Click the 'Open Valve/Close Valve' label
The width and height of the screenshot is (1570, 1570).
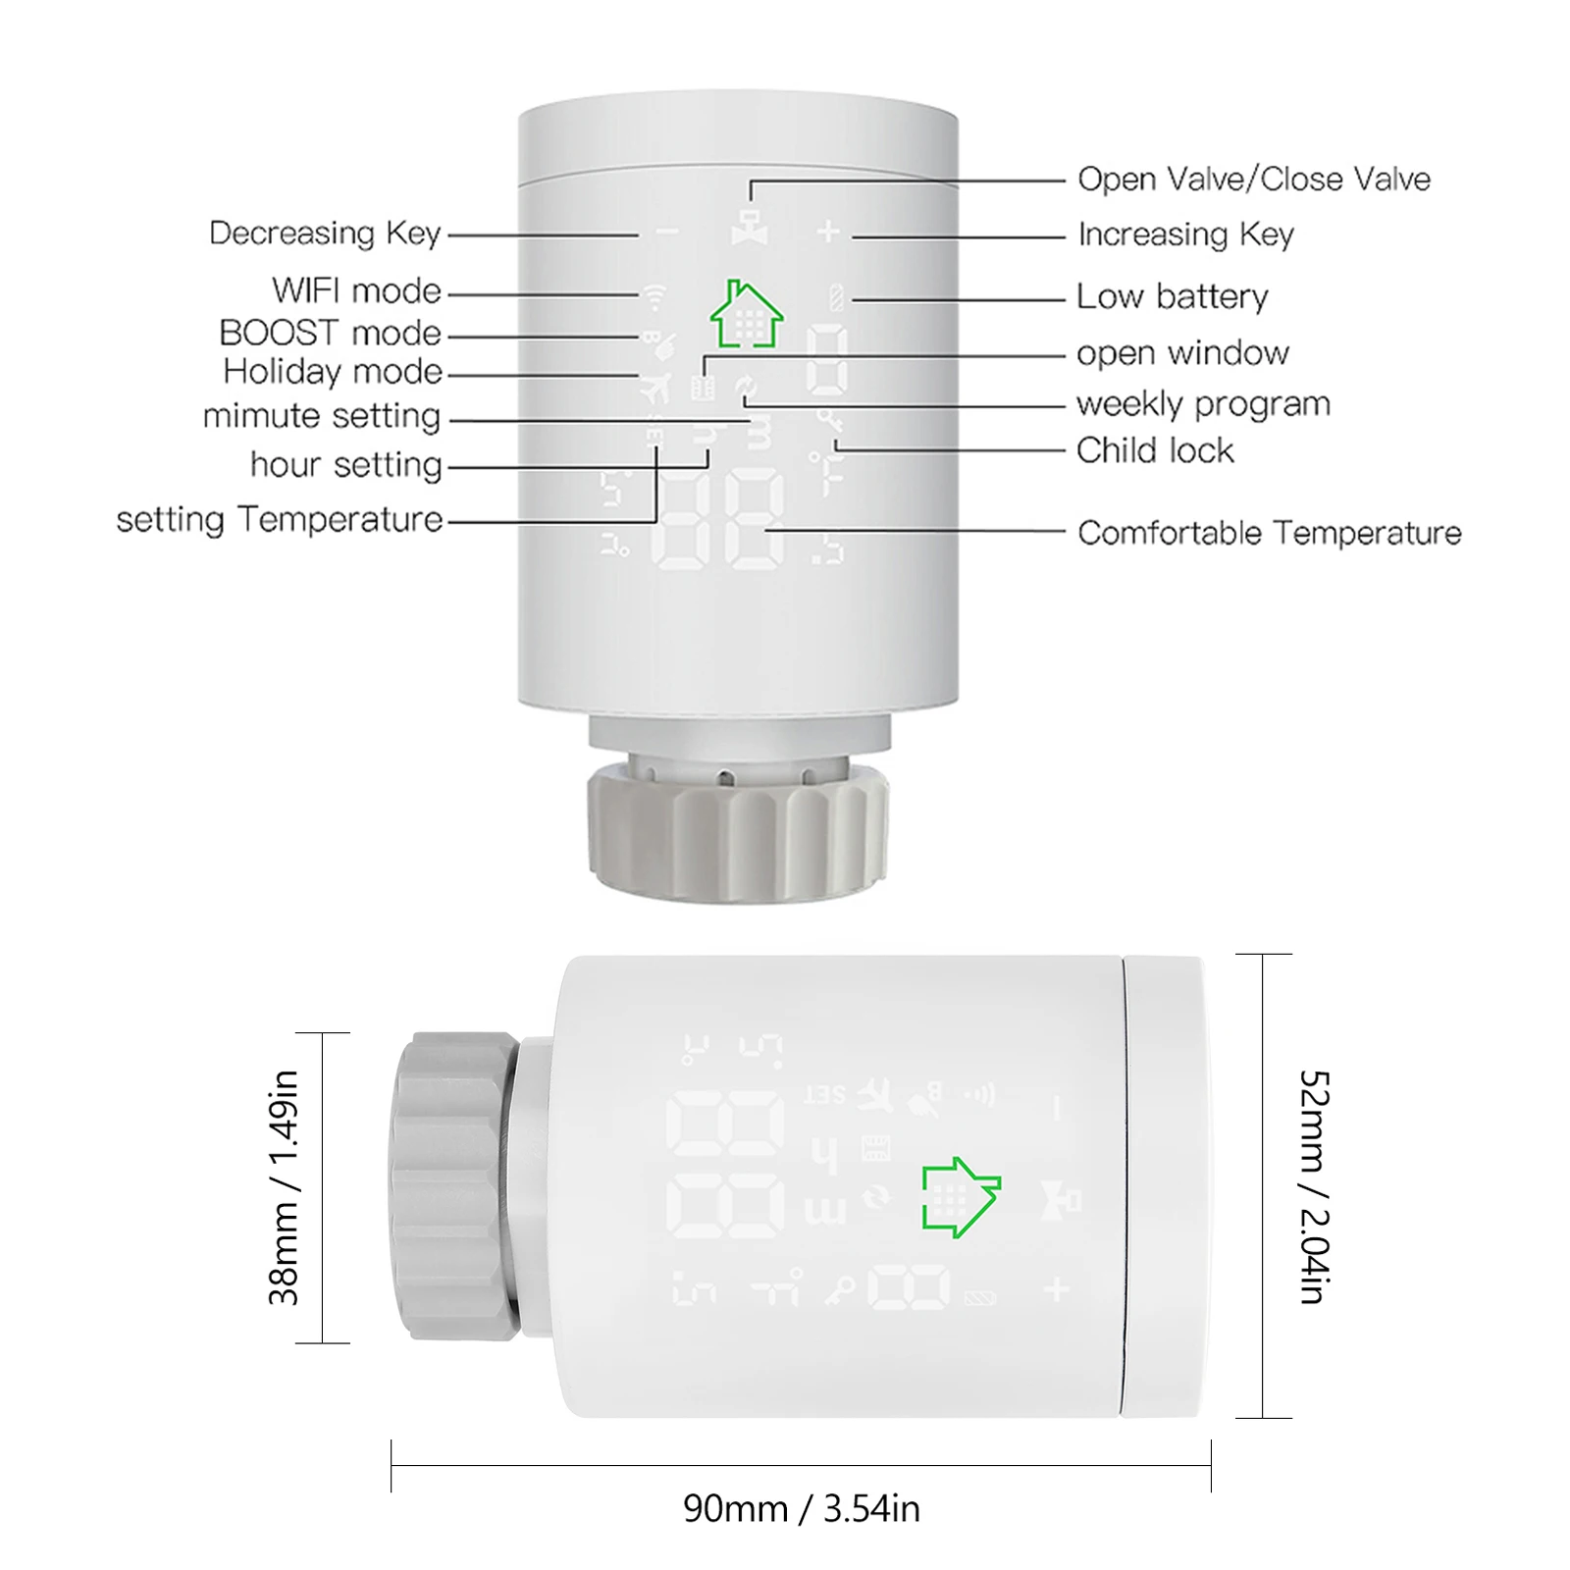(1253, 180)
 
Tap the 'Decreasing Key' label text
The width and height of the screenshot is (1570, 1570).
(325, 234)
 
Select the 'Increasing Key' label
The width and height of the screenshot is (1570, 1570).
(1185, 235)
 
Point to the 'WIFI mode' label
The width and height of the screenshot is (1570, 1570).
(356, 291)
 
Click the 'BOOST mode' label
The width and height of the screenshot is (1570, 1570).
(330, 334)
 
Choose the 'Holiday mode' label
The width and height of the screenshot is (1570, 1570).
(333, 372)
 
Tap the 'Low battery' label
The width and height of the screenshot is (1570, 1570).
(1172, 296)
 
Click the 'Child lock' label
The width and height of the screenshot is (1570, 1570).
(1155, 450)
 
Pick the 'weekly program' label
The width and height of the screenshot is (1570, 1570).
(1203, 404)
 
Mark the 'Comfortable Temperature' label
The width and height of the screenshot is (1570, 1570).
(1269, 533)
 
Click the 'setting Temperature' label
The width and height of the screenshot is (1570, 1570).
(280, 519)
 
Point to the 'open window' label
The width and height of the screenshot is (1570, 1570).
(1182, 353)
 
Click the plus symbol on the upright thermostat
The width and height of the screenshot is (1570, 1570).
(829, 232)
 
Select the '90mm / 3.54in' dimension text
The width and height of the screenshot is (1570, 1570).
(801, 1509)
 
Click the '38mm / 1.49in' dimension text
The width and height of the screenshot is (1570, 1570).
(284, 1187)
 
